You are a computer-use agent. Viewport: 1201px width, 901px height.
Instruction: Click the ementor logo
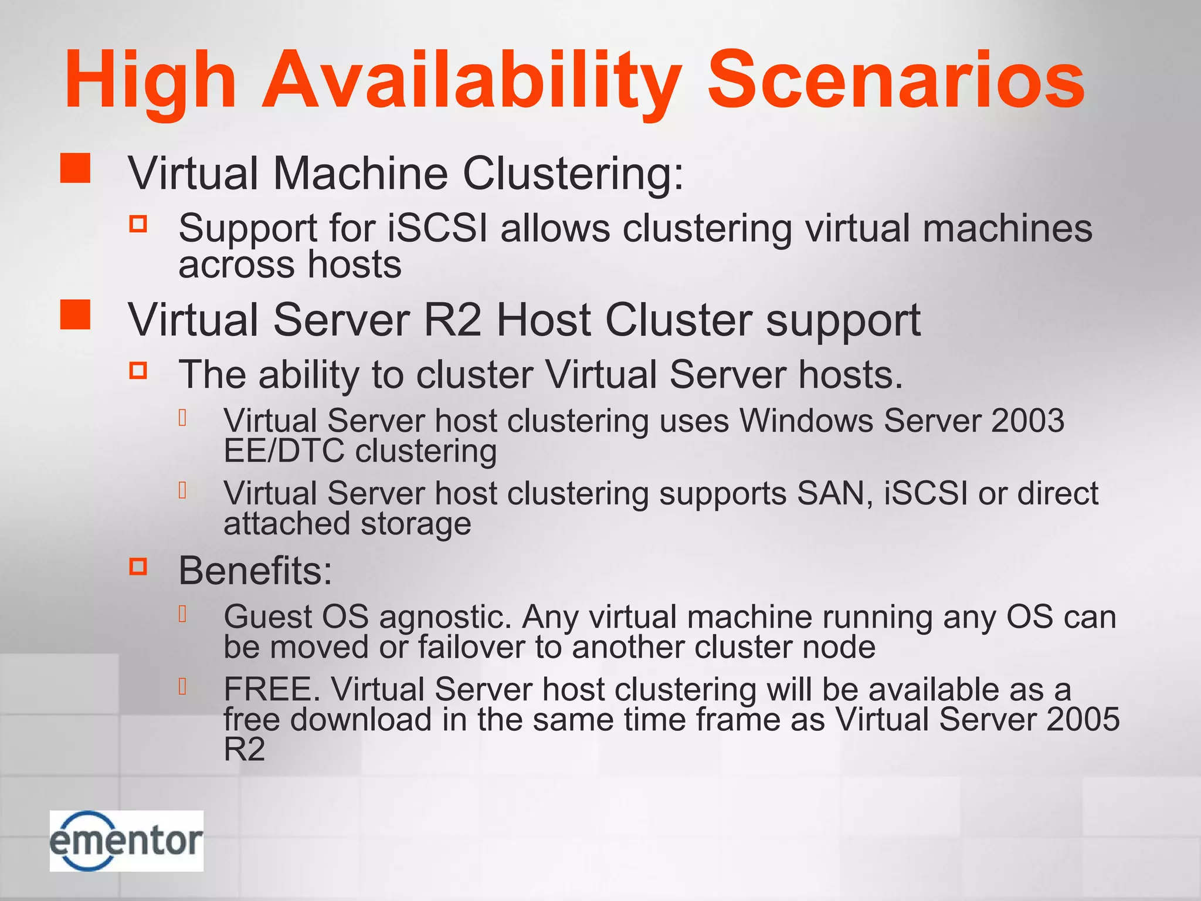(x=126, y=841)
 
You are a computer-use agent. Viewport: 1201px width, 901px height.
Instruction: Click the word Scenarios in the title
(x=896, y=80)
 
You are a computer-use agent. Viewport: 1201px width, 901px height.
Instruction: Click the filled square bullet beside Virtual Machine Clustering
(x=76, y=168)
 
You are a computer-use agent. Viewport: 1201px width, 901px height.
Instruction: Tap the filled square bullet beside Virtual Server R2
(x=76, y=314)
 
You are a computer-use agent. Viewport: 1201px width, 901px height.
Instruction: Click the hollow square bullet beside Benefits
(x=138, y=567)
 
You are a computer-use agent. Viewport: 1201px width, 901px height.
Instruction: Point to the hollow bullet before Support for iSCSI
(x=138, y=223)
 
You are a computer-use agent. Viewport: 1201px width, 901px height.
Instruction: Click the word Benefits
(x=256, y=570)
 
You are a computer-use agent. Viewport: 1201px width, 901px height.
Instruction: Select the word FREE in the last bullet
(x=272, y=689)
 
